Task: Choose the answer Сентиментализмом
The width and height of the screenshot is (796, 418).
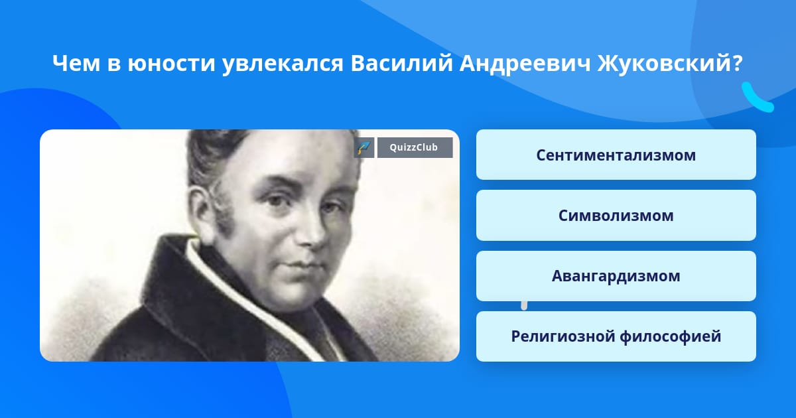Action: [616, 155]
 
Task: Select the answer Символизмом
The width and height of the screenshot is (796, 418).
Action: [616, 216]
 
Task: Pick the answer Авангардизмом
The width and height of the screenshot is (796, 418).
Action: [616, 276]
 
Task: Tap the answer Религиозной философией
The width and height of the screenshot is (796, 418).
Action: [616, 336]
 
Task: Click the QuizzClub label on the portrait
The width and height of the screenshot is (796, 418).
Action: [415, 147]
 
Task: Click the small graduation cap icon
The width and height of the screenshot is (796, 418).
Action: [364, 147]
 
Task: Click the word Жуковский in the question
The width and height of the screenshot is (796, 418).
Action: [663, 63]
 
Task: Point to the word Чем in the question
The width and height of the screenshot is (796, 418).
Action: [76, 63]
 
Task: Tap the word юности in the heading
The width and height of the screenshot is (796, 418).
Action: [171, 63]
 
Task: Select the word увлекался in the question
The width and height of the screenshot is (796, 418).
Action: [283, 64]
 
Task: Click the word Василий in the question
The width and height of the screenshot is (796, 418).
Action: [401, 63]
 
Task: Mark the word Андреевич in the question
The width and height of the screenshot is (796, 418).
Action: [525, 64]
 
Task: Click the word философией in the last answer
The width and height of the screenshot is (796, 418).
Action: [671, 337]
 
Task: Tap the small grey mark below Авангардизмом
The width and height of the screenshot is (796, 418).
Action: [524, 306]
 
